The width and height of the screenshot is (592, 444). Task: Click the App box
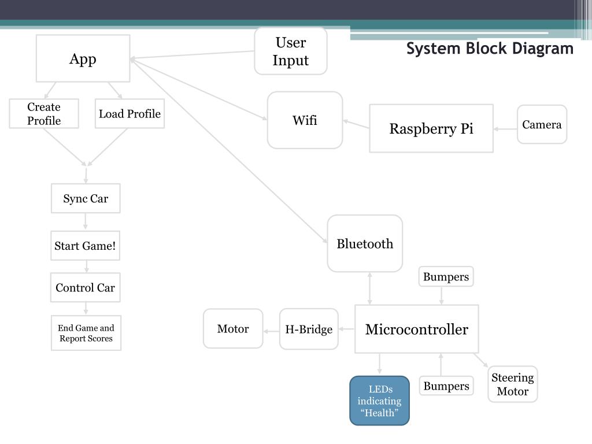pos(83,58)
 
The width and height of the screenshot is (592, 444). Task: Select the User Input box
pos(291,51)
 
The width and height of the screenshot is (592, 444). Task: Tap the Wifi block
pos(305,120)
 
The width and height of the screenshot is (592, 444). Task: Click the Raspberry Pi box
pos(431,128)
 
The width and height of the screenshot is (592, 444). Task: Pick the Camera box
pos(542,125)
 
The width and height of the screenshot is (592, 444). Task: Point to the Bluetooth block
pos(365,243)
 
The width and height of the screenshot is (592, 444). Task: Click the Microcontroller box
pos(416,329)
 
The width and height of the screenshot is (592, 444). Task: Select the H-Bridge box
pos(309,329)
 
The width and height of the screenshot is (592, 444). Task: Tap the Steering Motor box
pos(513,384)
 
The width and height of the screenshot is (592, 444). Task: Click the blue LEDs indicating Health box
pos(379,401)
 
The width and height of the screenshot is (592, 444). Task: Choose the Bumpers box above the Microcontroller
pos(446,276)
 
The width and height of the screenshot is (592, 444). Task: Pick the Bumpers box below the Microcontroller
pos(446,386)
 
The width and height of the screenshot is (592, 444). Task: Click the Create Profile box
pos(44,114)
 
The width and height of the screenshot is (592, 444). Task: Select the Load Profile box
pos(129,114)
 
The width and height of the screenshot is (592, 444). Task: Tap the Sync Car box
pos(86,198)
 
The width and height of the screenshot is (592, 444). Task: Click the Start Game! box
pos(86,245)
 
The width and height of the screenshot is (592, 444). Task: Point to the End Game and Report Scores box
pos(86,333)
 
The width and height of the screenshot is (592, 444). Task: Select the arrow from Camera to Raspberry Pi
pos(505,129)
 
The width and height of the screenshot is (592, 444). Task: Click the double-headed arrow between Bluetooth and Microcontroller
pos(369,288)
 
